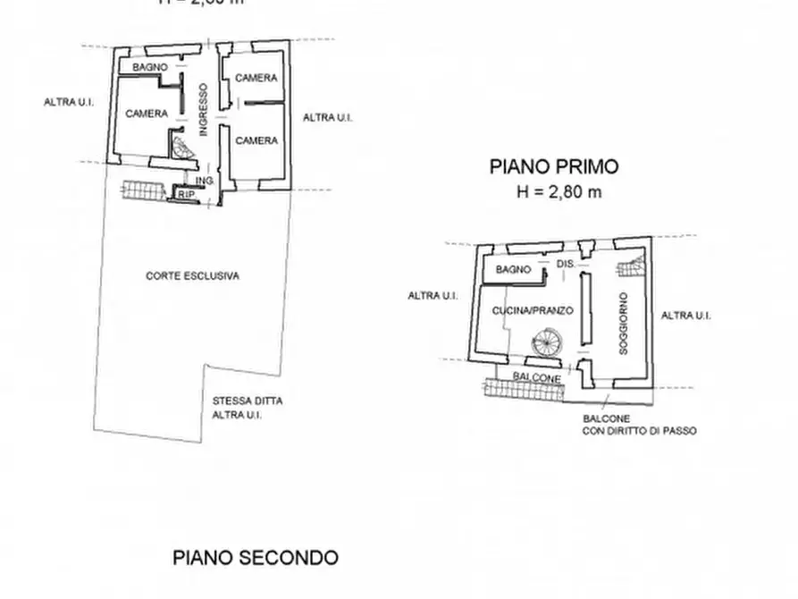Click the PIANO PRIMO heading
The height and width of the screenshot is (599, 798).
(554, 166)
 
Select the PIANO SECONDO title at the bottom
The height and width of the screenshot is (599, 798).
(256, 558)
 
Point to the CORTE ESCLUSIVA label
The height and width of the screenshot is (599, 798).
(192, 276)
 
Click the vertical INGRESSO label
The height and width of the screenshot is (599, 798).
(204, 110)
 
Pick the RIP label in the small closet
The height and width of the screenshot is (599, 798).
(186, 194)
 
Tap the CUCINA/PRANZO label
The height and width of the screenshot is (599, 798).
(533, 310)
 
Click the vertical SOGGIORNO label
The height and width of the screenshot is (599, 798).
(624, 323)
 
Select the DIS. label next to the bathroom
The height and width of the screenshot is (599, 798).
(565, 266)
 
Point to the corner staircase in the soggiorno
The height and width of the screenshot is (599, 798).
(634, 263)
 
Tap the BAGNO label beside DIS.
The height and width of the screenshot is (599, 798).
(513, 269)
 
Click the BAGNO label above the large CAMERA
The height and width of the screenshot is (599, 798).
(150, 68)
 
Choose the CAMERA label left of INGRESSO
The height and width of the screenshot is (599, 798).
(147, 114)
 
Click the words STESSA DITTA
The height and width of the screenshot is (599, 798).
(248, 401)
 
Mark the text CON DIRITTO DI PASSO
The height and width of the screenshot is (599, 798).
(639, 431)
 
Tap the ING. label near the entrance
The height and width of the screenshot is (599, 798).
(205, 181)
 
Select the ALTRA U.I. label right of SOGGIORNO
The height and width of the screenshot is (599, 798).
(685, 315)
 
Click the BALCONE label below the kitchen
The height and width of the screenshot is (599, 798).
(537, 379)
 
